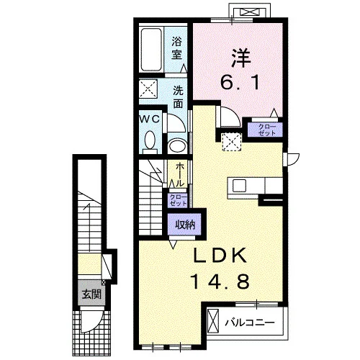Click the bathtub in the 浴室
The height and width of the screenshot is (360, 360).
click(151, 50)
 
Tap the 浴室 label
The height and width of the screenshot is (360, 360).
click(176, 48)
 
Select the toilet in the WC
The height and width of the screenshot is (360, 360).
click(150, 142)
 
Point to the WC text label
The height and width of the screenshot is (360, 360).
click(150, 119)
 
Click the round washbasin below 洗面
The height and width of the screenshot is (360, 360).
click(177, 146)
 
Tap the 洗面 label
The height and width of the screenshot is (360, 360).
click(178, 97)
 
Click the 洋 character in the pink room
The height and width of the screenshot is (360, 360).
click(240, 58)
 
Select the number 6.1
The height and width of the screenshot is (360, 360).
click(240, 82)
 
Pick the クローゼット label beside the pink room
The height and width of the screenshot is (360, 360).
click(267, 130)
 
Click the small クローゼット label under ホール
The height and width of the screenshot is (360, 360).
click(178, 200)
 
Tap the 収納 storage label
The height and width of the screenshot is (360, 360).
click(185, 225)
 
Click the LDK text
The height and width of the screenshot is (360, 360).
click(220, 255)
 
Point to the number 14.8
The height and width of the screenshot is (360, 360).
click(220, 282)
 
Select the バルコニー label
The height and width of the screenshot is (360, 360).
click(250, 323)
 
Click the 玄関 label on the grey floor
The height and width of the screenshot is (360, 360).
click(91, 294)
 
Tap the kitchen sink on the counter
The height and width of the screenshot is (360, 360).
click(239, 186)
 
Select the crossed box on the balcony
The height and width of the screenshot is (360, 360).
click(213, 321)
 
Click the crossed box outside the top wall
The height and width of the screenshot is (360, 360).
click(250, 12)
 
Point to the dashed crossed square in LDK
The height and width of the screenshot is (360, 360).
click(232, 142)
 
